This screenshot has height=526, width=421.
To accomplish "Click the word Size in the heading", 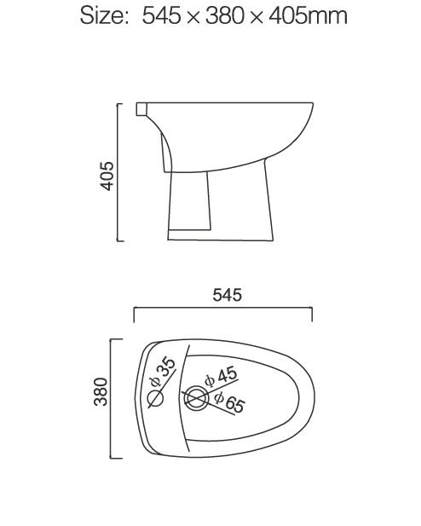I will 101,15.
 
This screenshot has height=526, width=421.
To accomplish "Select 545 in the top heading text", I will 165,15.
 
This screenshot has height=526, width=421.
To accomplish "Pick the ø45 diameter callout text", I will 221,376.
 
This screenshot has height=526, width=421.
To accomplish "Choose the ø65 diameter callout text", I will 228,402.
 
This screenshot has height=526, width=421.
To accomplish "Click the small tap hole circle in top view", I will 155,398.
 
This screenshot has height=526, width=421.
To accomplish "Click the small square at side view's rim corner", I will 141,108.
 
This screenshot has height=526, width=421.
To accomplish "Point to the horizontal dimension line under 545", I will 222,309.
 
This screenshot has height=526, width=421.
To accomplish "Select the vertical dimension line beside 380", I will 112,397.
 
